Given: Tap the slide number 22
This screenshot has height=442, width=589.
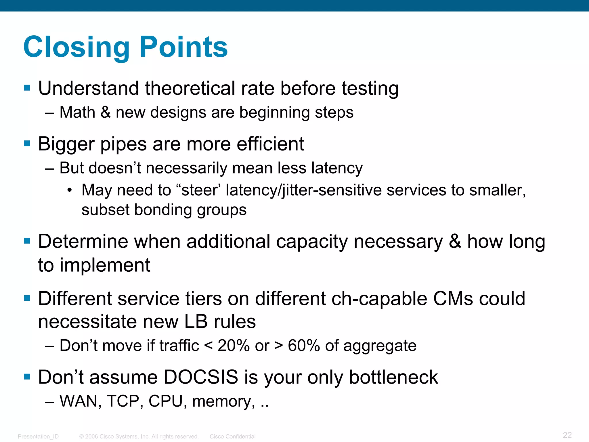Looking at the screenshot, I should [567, 435].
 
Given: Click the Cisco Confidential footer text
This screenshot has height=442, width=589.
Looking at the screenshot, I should [232, 437].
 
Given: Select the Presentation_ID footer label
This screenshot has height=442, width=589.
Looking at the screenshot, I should [38, 437].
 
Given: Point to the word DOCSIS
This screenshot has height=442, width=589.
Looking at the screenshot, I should [201, 377].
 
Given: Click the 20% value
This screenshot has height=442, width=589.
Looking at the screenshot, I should [234, 346].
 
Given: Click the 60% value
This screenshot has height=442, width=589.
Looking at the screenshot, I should [304, 346].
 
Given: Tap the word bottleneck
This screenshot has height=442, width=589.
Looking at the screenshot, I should [393, 377].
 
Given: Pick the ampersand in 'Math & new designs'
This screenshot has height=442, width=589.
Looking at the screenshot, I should [106, 112].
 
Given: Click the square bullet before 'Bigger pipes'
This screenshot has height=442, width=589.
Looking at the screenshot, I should [27, 143].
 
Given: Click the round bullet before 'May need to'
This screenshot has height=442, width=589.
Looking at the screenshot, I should [69, 190].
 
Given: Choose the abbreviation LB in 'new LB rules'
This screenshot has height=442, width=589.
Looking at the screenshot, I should [196, 322].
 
